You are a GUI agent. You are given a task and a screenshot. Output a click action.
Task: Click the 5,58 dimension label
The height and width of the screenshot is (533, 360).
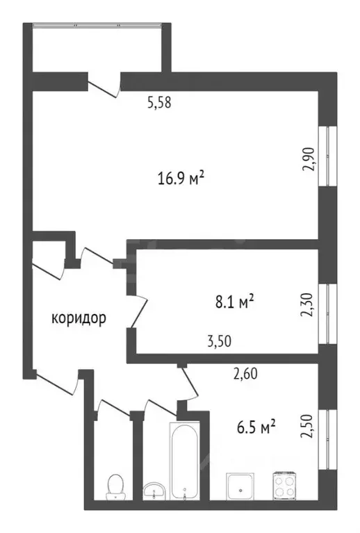point(158,102)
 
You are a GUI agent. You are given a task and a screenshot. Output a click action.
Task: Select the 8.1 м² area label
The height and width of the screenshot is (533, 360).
point(232,302)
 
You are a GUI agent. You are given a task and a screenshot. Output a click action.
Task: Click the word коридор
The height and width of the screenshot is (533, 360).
point(79,319)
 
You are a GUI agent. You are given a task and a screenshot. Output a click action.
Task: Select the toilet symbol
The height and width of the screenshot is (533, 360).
point(114,486)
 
